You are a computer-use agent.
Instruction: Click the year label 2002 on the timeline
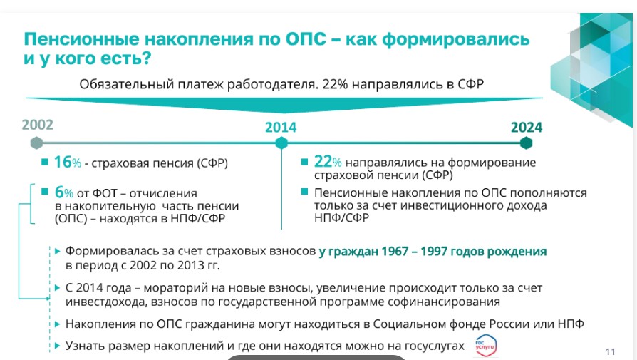(x=37, y=125)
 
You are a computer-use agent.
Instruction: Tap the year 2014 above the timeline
(x=281, y=128)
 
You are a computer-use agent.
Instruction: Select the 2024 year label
(x=527, y=128)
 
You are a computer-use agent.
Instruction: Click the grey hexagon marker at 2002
(x=36, y=143)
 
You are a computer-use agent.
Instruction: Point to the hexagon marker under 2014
(x=281, y=143)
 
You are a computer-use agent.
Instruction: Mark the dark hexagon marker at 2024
(x=526, y=143)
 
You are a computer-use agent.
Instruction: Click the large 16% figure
(x=68, y=162)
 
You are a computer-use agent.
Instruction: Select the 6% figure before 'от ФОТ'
(x=64, y=192)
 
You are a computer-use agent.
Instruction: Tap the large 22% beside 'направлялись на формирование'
(x=328, y=162)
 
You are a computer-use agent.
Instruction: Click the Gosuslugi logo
(x=485, y=346)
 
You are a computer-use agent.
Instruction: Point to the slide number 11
(x=610, y=352)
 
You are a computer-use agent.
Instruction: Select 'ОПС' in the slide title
(x=306, y=39)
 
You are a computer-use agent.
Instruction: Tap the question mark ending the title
(x=147, y=58)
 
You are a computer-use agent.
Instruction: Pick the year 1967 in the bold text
(x=395, y=252)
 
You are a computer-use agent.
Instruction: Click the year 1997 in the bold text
(x=434, y=252)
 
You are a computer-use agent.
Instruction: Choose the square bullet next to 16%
(x=45, y=162)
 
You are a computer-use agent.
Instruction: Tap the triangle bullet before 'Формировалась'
(x=57, y=251)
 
